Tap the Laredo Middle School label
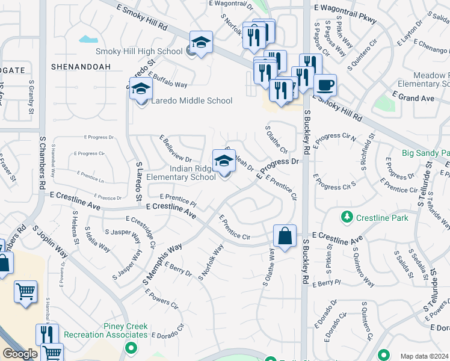[191, 100]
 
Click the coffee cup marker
[325, 85]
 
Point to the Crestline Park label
[382, 218]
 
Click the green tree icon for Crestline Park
[347, 216]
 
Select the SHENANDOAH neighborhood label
[81, 66]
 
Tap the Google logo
[20, 354]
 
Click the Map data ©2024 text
[424, 356]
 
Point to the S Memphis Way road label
[162, 265]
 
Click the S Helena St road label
[76, 229]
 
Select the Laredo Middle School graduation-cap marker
[141, 88]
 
